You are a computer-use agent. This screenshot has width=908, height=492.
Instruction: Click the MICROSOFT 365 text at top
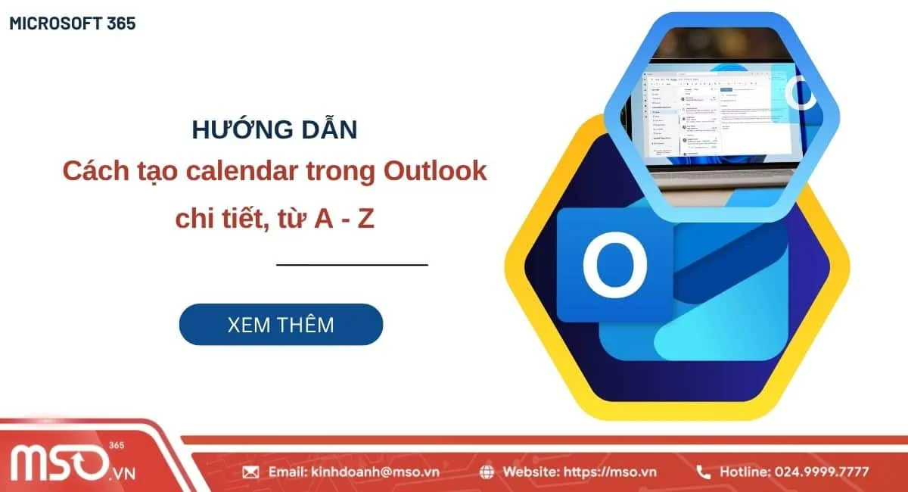click(x=73, y=23)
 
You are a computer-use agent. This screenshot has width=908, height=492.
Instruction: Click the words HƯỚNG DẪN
click(x=274, y=129)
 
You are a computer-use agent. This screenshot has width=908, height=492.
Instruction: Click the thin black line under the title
click(x=352, y=265)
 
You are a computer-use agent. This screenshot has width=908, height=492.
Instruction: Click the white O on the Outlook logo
click(x=614, y=261)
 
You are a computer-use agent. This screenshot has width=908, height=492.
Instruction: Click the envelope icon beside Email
click(x=250, y=472)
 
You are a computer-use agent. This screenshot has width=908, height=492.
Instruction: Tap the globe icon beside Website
click(x=487, y=472)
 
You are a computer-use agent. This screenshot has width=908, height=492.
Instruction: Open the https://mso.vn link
click(x=613, y=472)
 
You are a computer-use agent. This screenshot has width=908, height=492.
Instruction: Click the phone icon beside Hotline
click(x=704, y=472)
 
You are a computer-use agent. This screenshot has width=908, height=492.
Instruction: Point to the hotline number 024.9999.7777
click(x=821, y=472)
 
